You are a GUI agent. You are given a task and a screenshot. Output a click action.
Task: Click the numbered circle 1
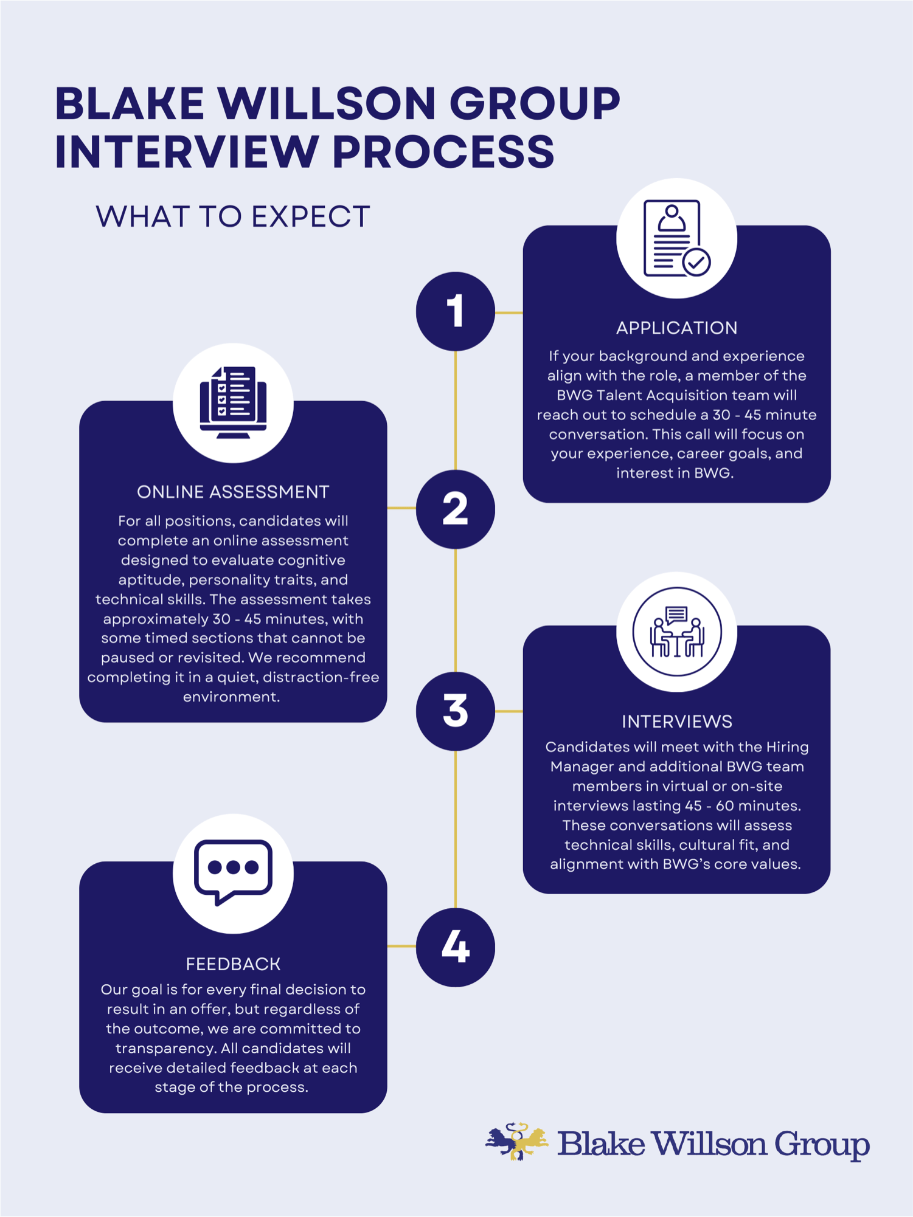click(x=455, y=311)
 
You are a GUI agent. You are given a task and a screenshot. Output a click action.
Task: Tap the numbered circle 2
click(x=455, y=509)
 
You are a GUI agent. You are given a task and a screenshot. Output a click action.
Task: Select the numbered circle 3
click(x=455, y=711)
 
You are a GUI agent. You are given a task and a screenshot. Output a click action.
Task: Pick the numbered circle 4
click(x=455, y=946)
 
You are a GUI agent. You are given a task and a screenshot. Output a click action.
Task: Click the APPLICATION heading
click(x=676, y=328)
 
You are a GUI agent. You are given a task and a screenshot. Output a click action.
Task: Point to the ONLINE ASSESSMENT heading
click(x=233, y=492)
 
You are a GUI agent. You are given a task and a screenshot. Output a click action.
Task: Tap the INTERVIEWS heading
click(x=676, y=722)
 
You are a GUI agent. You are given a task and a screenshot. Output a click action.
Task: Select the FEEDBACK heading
click(x=233, y=964)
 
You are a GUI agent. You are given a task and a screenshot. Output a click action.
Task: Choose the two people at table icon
click(x=676, y=632)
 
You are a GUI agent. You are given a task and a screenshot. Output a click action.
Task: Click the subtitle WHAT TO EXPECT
click(x=233, y=217)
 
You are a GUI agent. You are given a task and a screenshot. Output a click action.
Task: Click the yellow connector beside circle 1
click(x=509, y=312)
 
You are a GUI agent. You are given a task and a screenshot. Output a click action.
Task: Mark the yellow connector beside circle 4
click(x=401, y=946)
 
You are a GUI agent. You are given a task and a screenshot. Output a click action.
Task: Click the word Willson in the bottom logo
click(x=709, y=1144)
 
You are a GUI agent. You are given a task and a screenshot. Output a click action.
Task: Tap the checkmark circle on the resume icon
click(x=696, y=263)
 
